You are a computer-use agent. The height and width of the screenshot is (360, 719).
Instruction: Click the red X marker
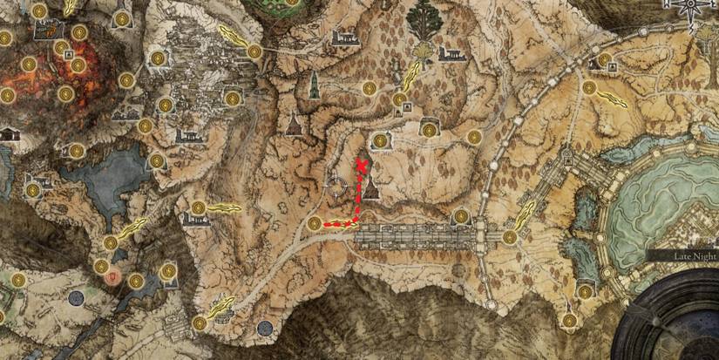[362, 163]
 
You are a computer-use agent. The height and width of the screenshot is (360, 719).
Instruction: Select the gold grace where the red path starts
[315, 224]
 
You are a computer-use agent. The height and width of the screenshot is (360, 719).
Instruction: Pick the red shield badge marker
[112, 277]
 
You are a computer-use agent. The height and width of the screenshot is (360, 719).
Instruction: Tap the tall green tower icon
[315, 85]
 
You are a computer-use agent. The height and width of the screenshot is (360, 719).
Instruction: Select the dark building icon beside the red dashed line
[372, 186]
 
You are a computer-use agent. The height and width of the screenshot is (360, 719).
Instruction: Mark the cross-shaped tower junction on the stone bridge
[479, 234]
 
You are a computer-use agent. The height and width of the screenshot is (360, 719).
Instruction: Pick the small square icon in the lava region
[66, 54]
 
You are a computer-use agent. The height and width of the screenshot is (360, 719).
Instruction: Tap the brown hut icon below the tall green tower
[295, 124]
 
